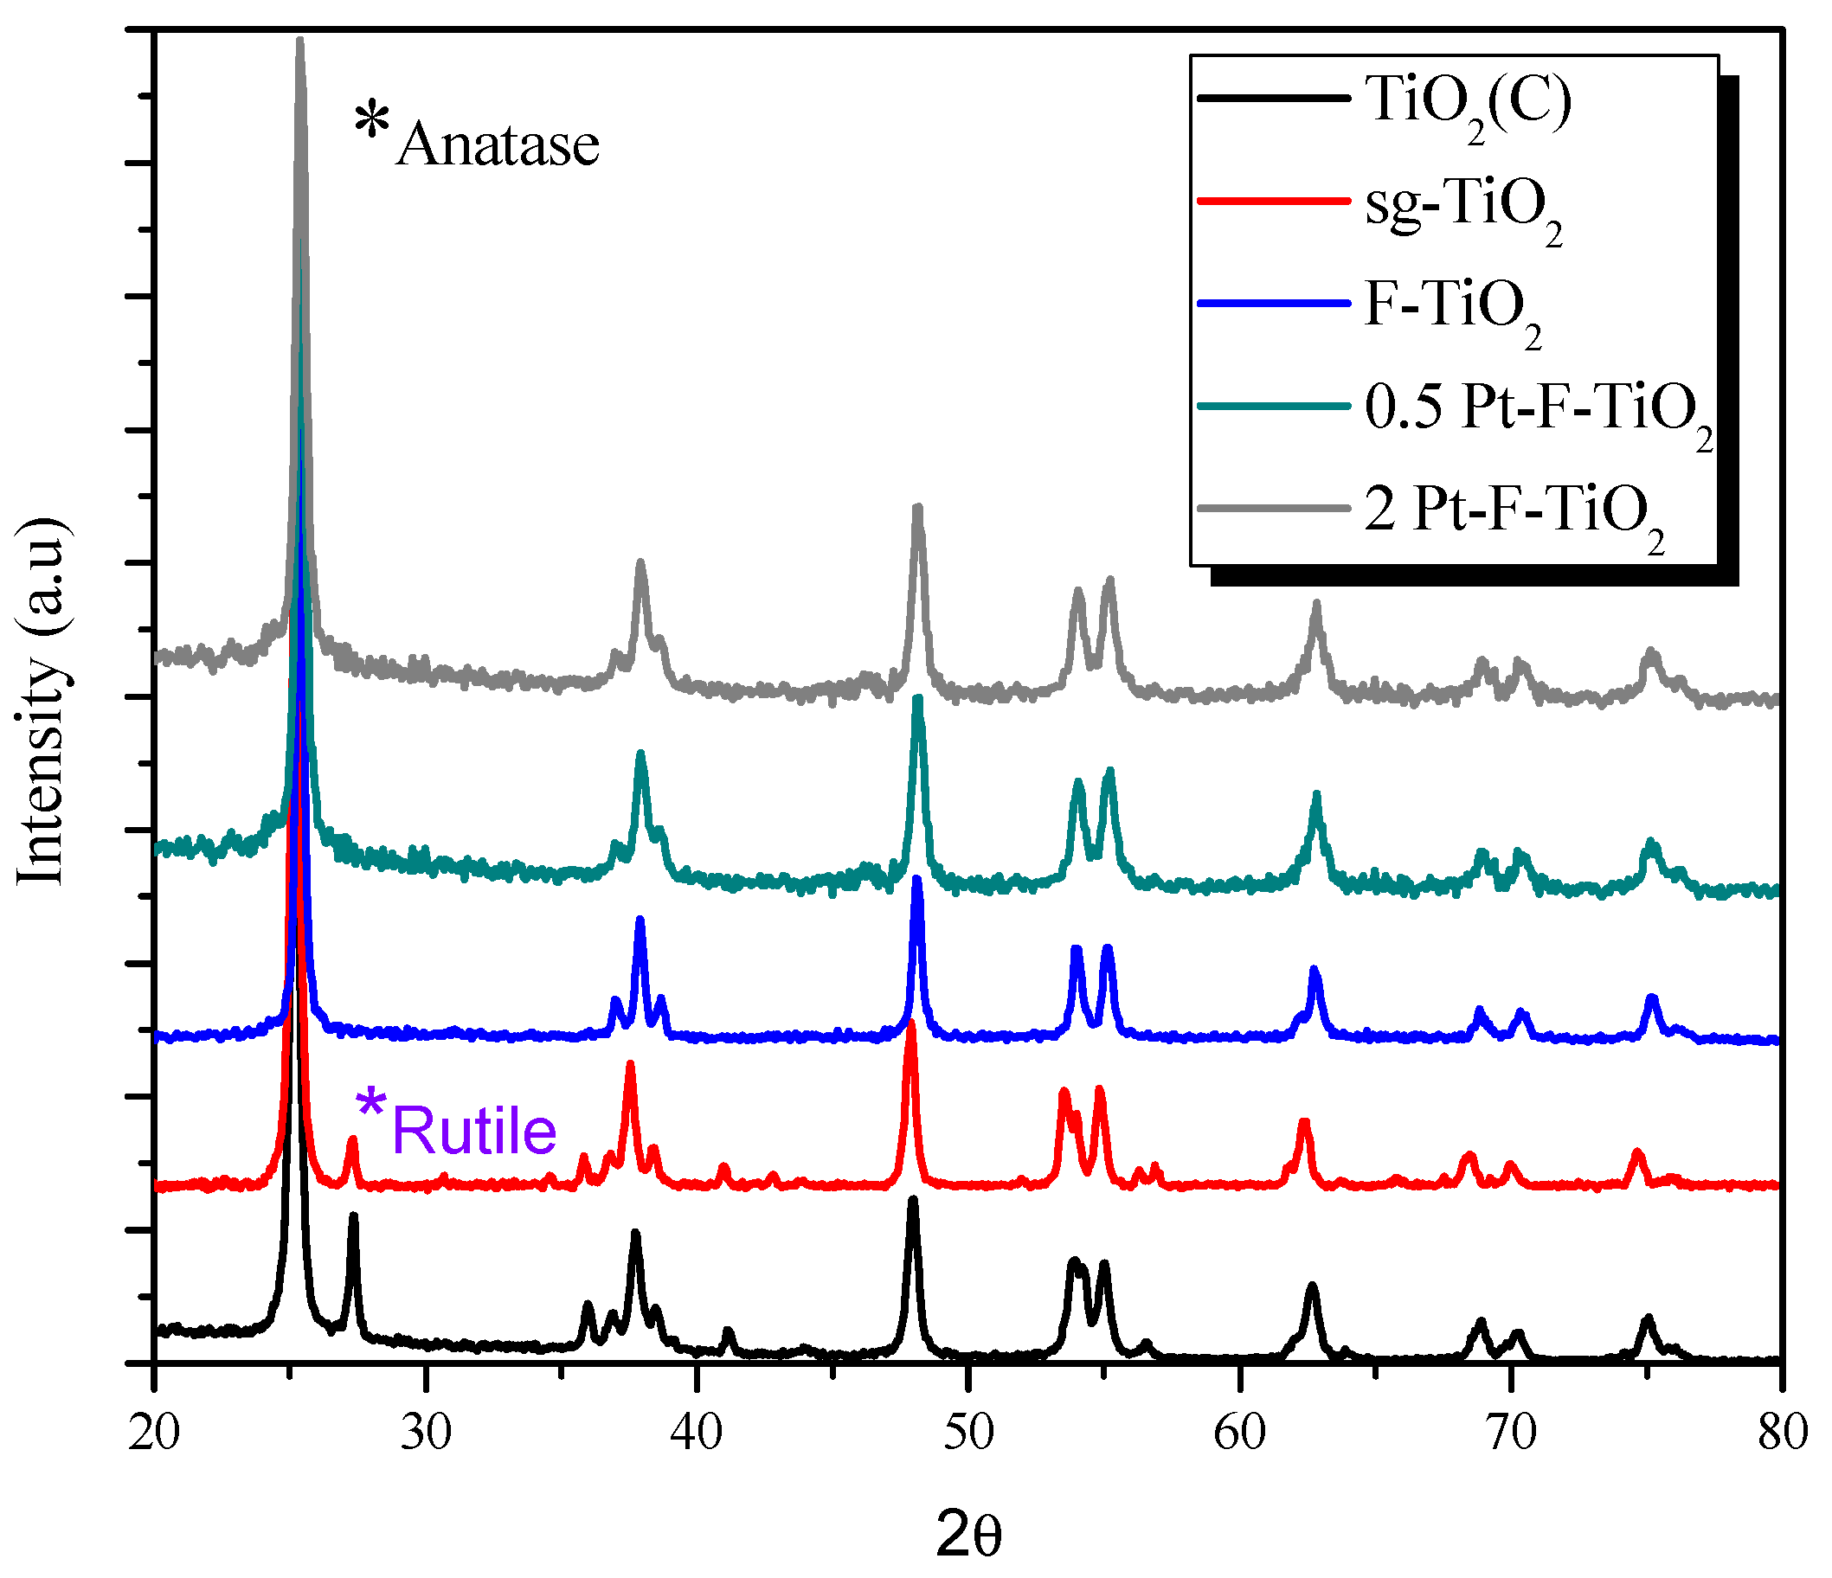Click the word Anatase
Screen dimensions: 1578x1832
[x=498, y=144]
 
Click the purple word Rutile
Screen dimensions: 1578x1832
[x=474, y=1131]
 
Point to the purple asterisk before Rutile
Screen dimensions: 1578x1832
[x=370, y=1106]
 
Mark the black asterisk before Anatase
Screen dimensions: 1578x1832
[x=372, y=120]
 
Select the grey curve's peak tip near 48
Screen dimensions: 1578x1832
[x=918, y=509]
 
